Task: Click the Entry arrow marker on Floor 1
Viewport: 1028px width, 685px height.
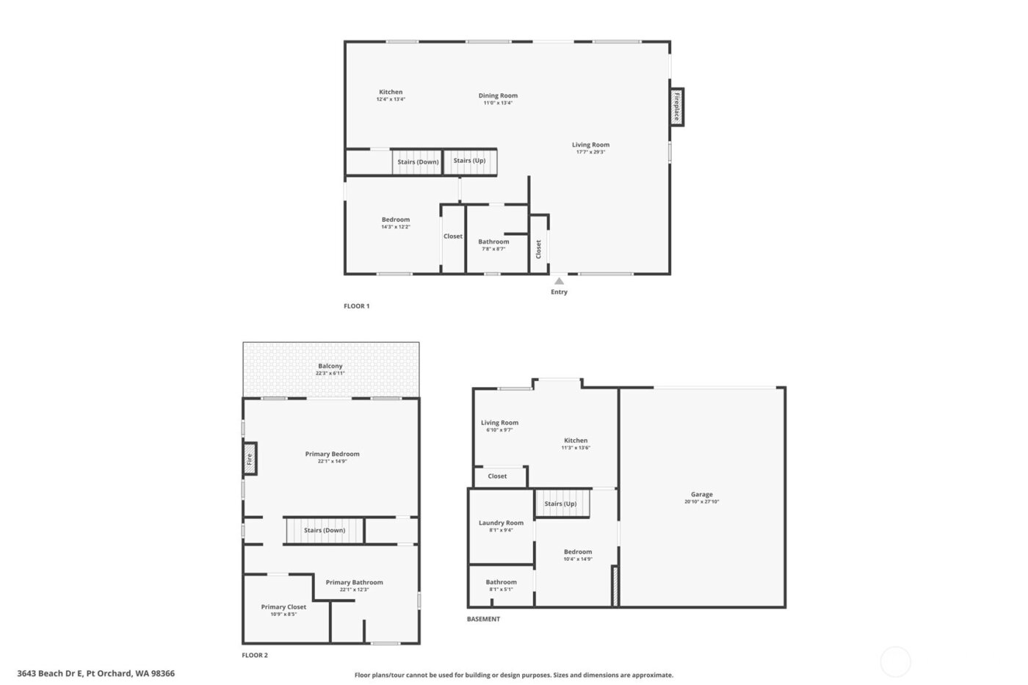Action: [559, 281]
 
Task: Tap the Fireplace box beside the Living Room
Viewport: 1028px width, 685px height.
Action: [676, 107]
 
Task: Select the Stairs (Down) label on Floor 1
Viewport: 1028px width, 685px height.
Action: [418, 162]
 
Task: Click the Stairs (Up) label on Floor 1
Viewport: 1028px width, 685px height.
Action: [469, 161]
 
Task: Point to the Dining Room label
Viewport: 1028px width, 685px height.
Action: [498, 95]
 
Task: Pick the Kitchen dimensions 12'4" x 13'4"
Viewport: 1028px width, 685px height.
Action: [391, 99]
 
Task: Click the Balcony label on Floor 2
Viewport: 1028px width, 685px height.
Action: [330, 366]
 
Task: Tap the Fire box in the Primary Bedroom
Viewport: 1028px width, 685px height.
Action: [250, 458]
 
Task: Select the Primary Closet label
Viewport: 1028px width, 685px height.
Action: [283, 606]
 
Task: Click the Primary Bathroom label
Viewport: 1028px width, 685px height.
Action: [354, 582]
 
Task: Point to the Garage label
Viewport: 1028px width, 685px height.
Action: [701, 494]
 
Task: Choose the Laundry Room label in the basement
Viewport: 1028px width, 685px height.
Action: [501, 523]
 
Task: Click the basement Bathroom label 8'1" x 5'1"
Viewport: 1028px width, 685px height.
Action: [501, 585]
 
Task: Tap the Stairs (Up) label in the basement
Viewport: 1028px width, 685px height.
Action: [560, 504]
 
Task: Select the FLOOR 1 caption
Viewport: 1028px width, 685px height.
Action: [357, 306]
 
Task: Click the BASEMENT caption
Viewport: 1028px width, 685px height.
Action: [483, 619]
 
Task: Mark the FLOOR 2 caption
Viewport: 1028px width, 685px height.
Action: [255, 655]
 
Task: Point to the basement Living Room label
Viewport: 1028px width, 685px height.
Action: [499, 423]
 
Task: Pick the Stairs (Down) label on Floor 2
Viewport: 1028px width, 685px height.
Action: [325, 530]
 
